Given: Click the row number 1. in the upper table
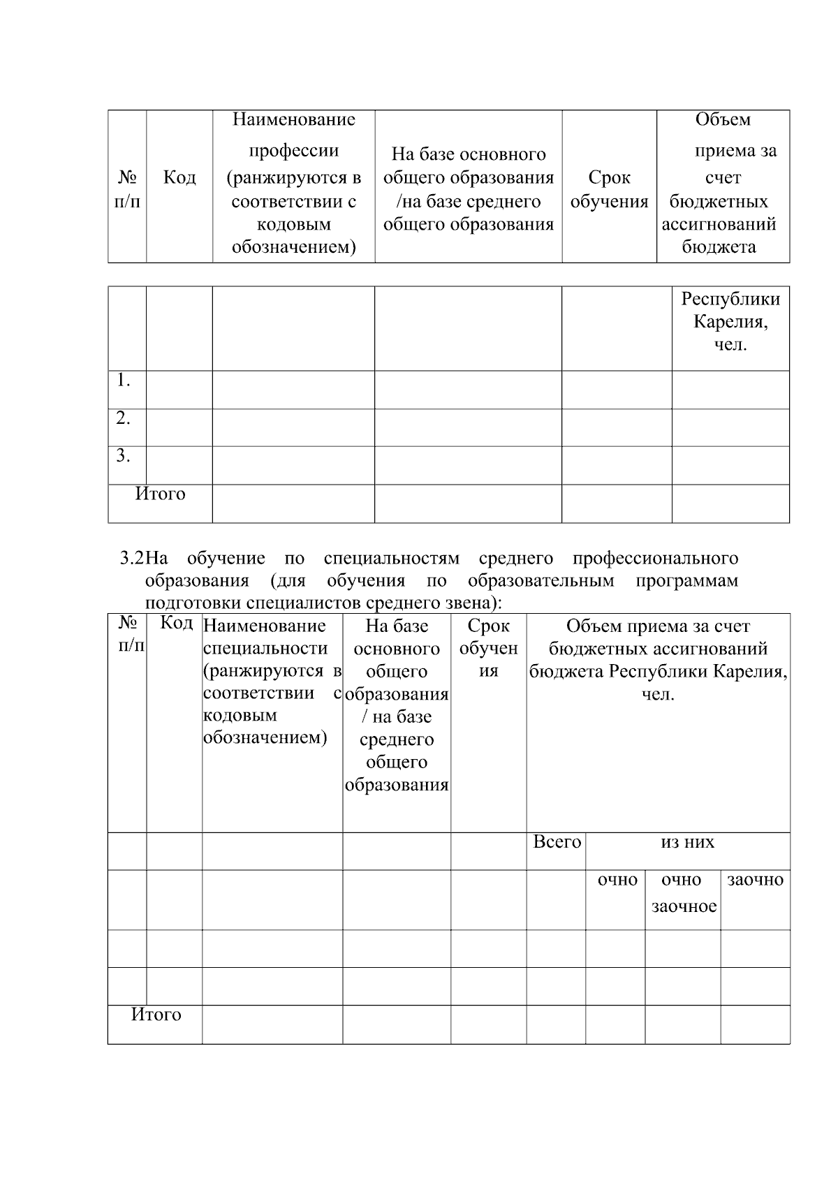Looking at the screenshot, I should pyautogui.click(x=124, y=381).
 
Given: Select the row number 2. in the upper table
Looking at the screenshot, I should pyautogui.click(x=124, y=418).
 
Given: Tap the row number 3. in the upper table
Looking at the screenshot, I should pyautogui.click(x=124, y=456).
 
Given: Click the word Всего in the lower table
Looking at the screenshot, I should pyautogui.click(x=557, y=842).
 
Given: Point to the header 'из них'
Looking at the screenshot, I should pyautogui.click(x=687, y=842).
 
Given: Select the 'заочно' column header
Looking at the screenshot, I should pyautogui.click(x=755, y=880).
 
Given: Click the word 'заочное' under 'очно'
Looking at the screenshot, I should pyautogui.click(x=684, y=906).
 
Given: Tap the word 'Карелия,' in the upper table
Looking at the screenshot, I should pyautogui.click(x=730, y=322).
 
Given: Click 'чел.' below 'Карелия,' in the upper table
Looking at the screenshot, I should pyautogui.click(x=730, y=345).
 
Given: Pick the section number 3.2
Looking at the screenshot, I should pyautogui.click(x=132, y=559).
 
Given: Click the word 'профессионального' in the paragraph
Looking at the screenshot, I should pyautogui.click(x=654, y=559).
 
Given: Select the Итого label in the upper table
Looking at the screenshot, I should pyautogui.click(x=160, y=494).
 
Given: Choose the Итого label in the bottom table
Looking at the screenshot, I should pyautogui.click(x=156, y=1015).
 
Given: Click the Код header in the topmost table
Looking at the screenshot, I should pyautogui.click(x=179, y=177).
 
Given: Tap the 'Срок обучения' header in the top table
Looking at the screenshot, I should pyautogui.click(x=609, y=189).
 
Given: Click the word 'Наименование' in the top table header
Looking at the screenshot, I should pyautogui.click(x=293, y=119).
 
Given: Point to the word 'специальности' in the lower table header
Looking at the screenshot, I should pyautogui.click(x=265, y=648).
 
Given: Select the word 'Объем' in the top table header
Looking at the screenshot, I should pyautogui.click(x=723, y=119).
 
